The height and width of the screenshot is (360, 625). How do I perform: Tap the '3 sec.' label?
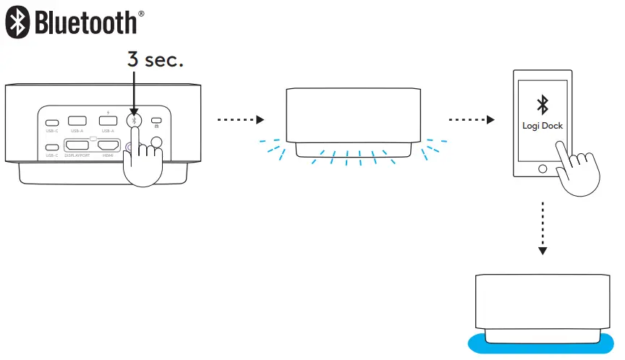[155, 60]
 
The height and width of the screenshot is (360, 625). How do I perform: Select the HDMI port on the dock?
[109, 143]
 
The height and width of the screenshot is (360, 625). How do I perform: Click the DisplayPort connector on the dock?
[77, 143]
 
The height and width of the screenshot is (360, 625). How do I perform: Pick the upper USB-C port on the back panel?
[51, 121]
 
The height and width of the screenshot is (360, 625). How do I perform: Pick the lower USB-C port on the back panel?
[51, 147]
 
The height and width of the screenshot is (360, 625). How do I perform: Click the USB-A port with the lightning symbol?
[109, 121]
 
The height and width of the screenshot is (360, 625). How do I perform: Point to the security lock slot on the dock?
[156, 121]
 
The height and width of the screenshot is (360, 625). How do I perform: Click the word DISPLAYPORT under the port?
[78, 155]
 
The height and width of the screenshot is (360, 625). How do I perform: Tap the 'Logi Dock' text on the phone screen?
[543, 125]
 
